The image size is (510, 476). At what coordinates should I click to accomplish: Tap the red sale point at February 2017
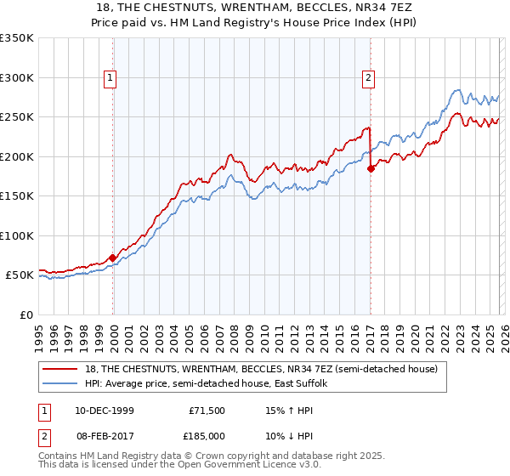(x=371, y=168)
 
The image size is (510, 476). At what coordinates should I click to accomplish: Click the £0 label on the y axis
(x=26, y=314)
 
